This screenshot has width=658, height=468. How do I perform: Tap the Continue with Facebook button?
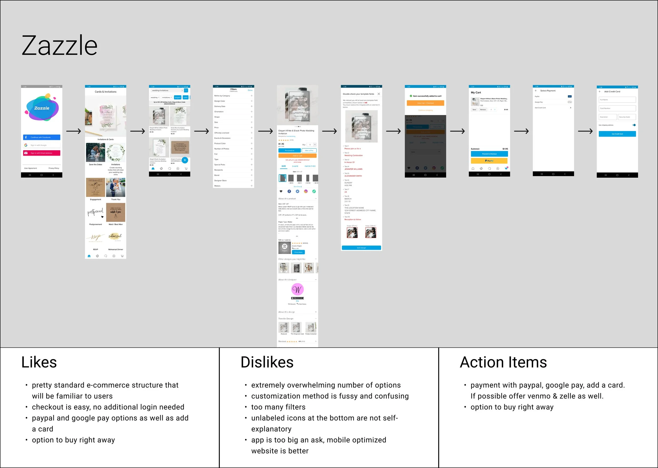click(x=42, y=137)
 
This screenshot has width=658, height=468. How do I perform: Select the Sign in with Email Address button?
click(x=42, y=153)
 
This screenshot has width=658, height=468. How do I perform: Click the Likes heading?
click(x=39, y=362)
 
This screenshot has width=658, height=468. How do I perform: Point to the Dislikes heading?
click(x=267, y=362)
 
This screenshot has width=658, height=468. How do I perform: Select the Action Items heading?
click(x=503, y=362)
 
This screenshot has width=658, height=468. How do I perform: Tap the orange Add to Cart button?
click(x=297, y=156)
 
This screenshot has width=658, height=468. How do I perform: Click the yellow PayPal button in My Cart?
click(x=489, y=161)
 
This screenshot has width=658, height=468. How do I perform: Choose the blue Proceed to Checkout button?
click(x=489, y=154)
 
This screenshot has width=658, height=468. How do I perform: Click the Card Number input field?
click(x=617, y=108)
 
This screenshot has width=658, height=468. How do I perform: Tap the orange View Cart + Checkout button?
click(x=425, y=103)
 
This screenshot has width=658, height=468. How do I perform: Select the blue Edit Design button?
click(x=361, y=248)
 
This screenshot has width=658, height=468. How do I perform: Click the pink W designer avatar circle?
click(x=297, y=289)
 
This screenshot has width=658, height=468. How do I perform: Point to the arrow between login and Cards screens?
click(x=73, y=131)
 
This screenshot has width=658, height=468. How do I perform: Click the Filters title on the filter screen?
click(x=233, y=89)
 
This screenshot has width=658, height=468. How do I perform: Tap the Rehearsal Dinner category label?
click(x=116, y=250)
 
